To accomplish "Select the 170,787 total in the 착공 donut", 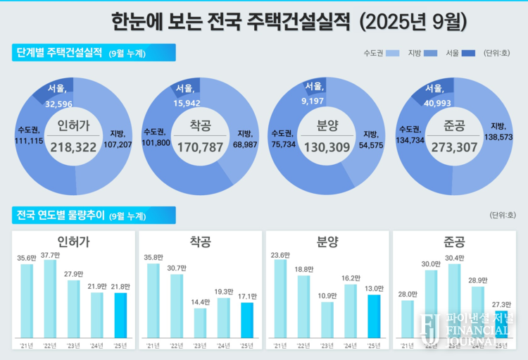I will point(199,147).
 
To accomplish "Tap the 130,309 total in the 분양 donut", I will point(326,147).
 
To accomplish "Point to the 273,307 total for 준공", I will point(453,147).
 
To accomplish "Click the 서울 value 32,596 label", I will point(58,104).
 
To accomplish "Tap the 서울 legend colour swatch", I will point(469,54).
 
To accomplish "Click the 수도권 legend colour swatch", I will point(394,54).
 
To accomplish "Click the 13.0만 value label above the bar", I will point(373,288).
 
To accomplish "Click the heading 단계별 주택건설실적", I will point(59,53).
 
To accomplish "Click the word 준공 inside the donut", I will point(453,127).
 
